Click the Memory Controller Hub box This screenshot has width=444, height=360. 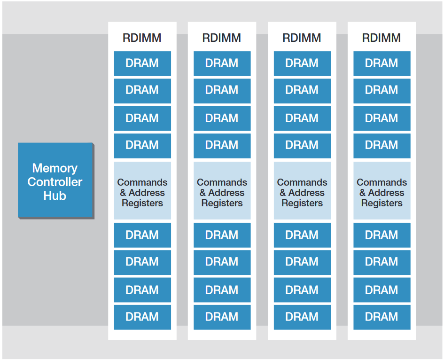[x=55, y=181]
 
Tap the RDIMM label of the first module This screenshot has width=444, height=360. [x=142, y=38]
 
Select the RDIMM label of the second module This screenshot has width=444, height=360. [x=222, y=38]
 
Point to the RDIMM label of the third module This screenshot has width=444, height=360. [x=302, y=38]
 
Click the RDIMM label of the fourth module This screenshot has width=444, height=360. [x=382, y=38]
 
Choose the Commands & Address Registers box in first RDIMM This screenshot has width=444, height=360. [x=142, y=191]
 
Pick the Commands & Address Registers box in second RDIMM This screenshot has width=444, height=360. [x=222, y=191]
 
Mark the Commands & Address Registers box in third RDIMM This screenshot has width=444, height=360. [x=302, y=191]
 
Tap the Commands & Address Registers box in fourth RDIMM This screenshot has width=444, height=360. [x=382, y=191]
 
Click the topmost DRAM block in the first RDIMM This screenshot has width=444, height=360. [x=142, y=63]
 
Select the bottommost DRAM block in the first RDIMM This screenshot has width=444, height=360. [x=142, y=317]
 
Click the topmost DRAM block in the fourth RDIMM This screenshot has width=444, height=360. [x=382, y=63]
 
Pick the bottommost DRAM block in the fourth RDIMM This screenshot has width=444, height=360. [x=382, y=317]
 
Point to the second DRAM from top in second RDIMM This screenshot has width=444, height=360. [x=222, y=90]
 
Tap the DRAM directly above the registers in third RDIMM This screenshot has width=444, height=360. [x=302, y=146]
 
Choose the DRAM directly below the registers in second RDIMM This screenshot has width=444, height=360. [x=222, y=235]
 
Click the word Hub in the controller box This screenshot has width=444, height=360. [x=55, y=196]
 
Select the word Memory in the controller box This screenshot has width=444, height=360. [x=55, y=168]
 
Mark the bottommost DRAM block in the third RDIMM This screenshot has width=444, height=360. [x=302, y=317]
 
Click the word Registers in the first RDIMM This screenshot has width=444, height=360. [x=142, y=203]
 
